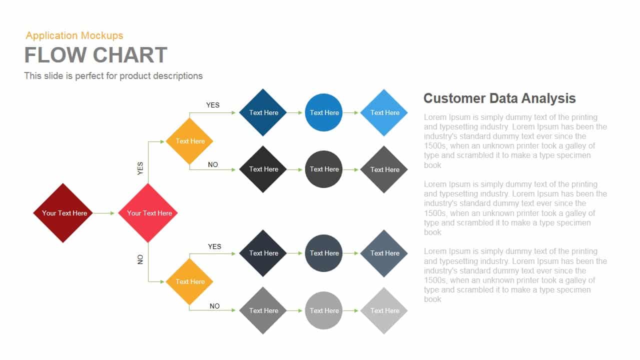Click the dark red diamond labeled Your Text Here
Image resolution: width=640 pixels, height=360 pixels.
(63, 213)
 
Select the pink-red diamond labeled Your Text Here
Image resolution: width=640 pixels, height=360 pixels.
(148, 213)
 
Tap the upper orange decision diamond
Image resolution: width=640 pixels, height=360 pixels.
(189, 141)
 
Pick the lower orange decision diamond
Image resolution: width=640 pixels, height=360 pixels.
(189, 281)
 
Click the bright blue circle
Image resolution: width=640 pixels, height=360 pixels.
(324, 112)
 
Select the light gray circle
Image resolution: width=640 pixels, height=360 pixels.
(324, 310)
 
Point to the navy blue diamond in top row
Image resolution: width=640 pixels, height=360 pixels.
(263, 112)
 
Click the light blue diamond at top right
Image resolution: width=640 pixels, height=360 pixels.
(384, 112)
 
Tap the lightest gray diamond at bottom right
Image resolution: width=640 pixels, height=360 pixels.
(384, 310)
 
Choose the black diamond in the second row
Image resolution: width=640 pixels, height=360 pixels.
(263, 169)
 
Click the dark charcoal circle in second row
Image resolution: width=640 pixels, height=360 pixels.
(324, 169)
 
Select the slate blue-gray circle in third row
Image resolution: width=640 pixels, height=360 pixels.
(324, 253)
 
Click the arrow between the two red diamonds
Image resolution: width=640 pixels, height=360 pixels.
(104, 213)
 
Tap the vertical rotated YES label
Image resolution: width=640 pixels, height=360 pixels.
(140, 168)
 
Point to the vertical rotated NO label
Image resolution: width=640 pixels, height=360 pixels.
(140, 259)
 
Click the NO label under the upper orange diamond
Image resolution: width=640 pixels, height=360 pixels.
(213, 164)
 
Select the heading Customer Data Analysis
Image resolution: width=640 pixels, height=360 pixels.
(499, 98)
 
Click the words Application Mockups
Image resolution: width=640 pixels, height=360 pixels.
(74, 35)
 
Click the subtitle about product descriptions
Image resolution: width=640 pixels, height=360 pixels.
(113, 76)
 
